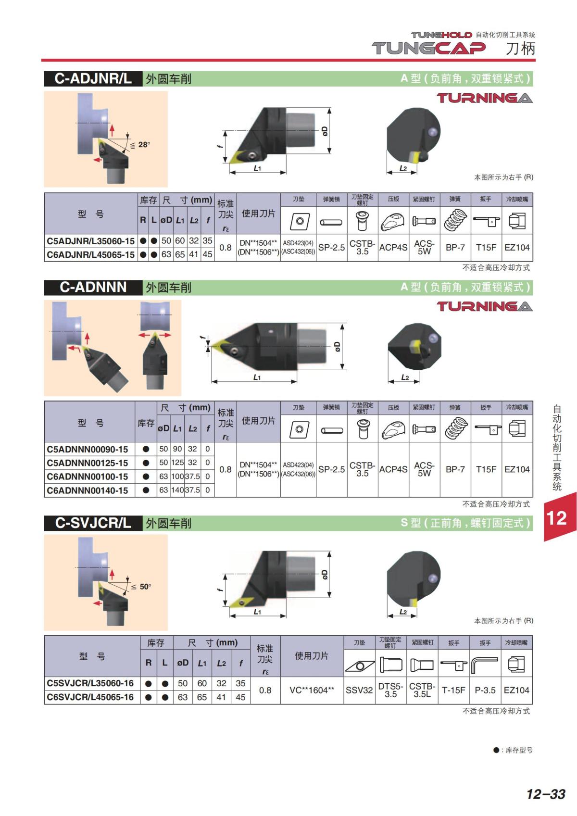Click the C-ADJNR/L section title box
93,79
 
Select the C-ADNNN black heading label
93,287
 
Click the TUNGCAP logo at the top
428,48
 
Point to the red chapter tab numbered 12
560,517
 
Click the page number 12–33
546,794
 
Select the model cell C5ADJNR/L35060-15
91,241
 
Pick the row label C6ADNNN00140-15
88,490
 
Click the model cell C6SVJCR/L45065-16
90,697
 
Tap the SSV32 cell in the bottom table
359,690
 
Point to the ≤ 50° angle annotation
141,587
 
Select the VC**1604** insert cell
312,690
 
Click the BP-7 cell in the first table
455,247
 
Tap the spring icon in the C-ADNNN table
455,428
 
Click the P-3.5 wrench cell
485,690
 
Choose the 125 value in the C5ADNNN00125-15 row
177,463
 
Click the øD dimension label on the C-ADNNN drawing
337,346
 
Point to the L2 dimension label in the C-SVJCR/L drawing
403,612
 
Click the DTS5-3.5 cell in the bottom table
391,690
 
